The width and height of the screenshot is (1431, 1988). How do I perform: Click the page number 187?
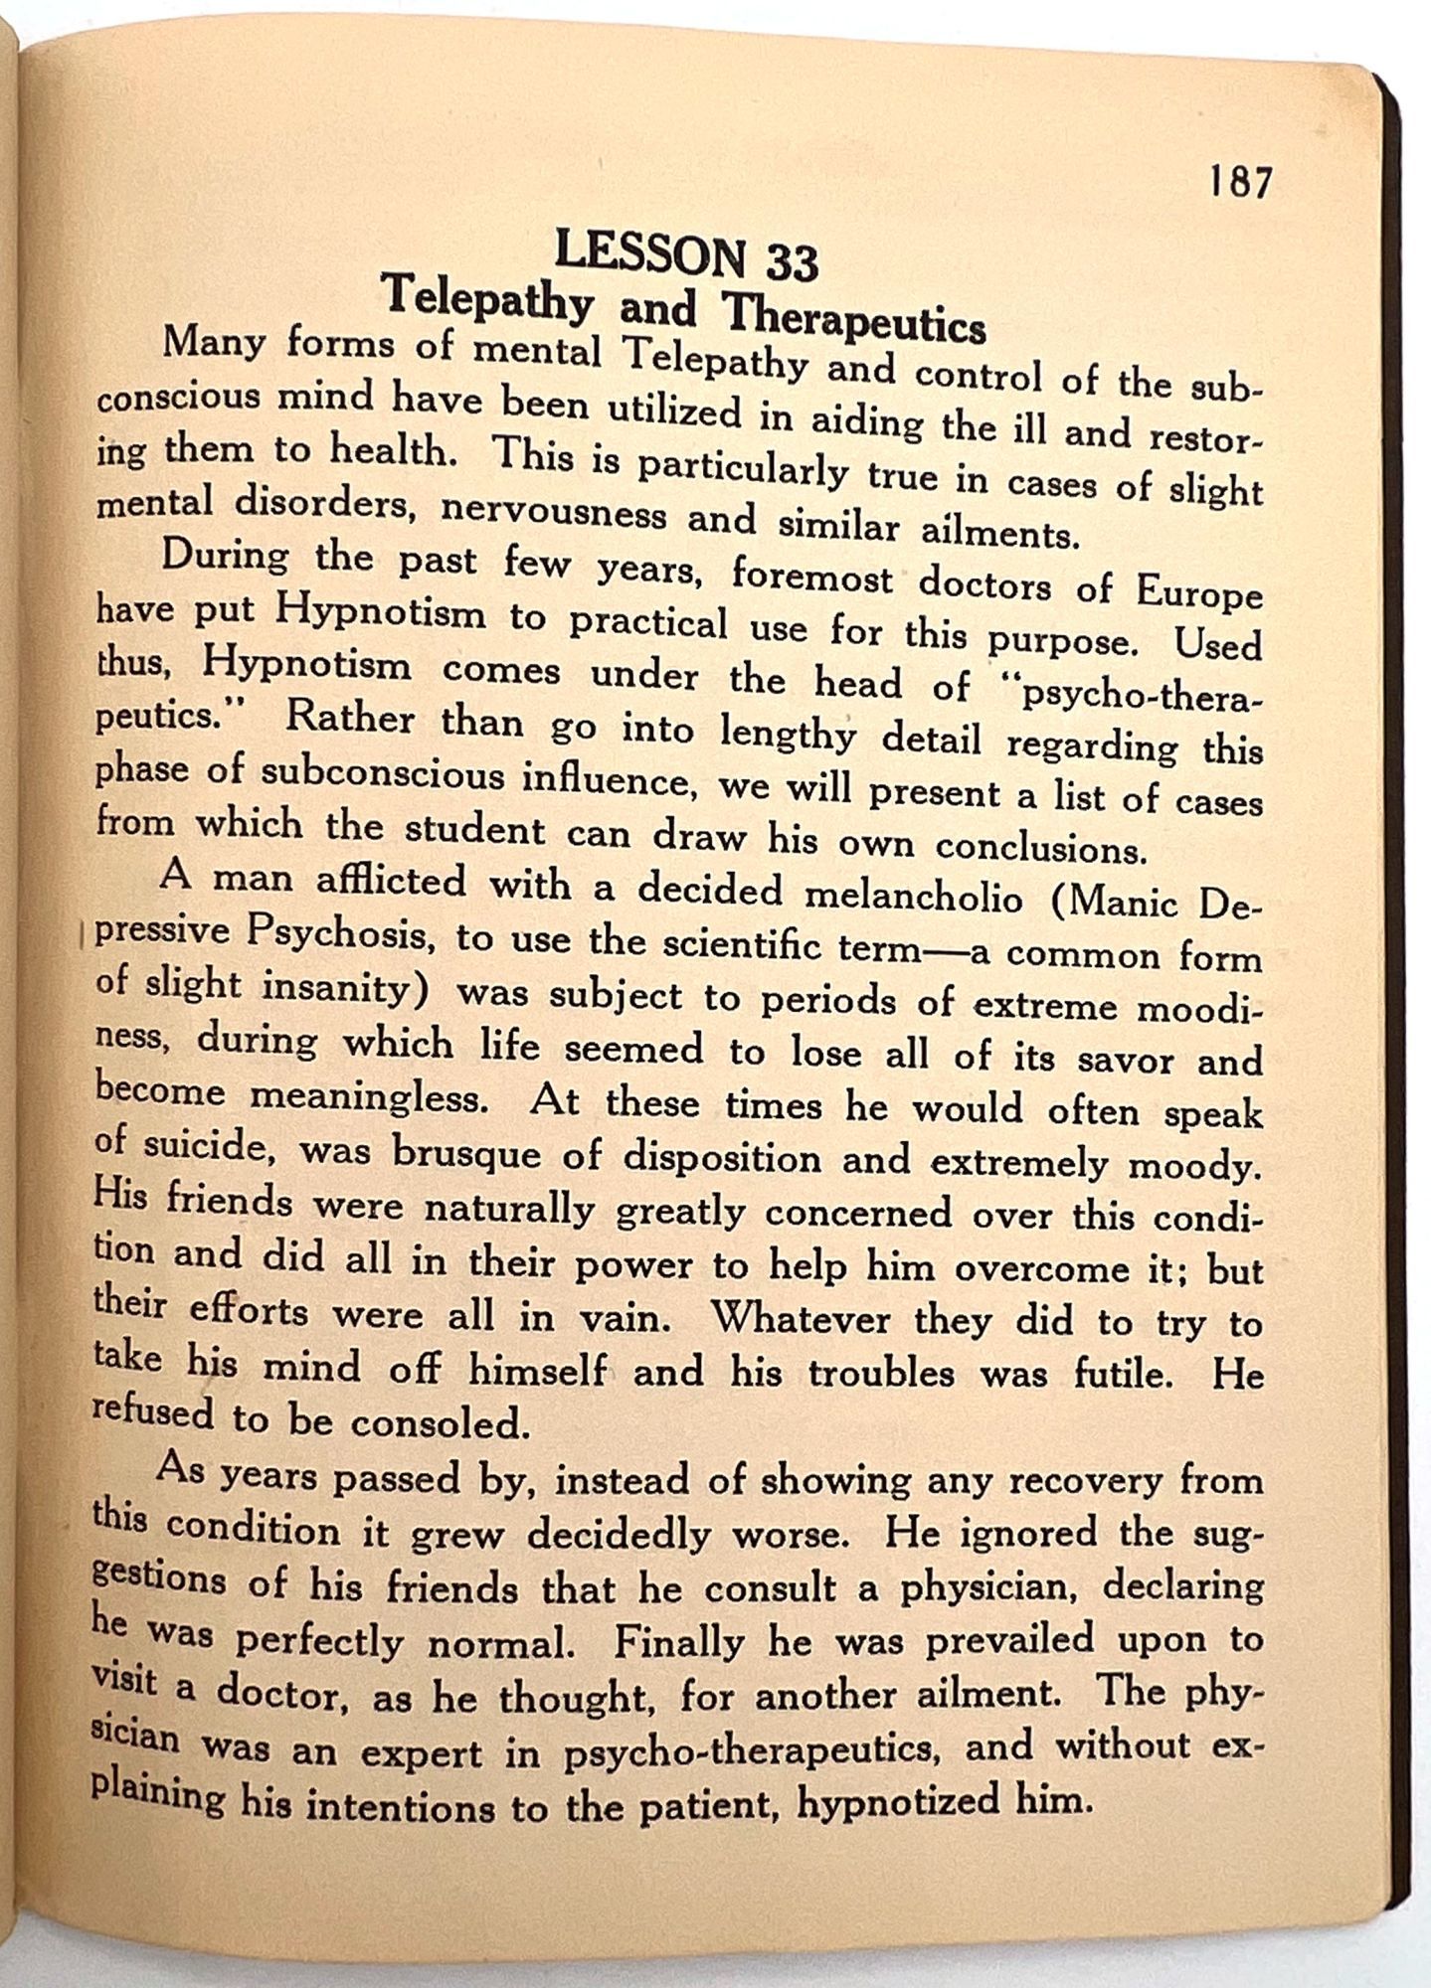pyautogui.click(x=1240, y=182)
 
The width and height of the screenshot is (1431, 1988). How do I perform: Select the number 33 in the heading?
pyautogui.click(x=792, y=262)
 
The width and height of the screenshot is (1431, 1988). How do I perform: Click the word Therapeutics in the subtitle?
pyautogui.click(x=856, y=315)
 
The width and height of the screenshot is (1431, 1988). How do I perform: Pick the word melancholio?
pyautogui.click(x=913, y=897)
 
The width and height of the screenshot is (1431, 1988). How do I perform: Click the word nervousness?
pyautogui.click(x=554, y=511)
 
